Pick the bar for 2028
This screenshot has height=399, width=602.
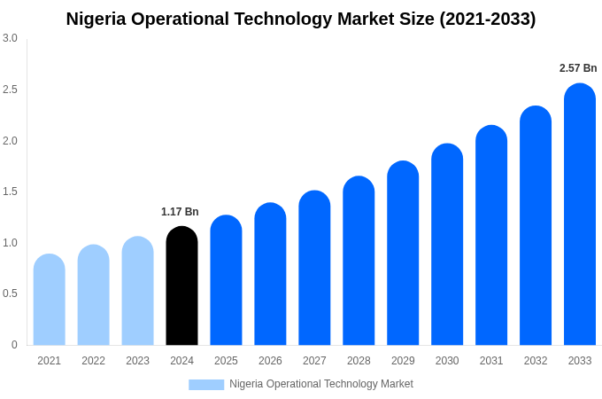(359, 261)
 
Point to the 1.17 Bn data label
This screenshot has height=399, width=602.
(180, 212)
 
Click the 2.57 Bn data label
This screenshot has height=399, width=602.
(578, 68)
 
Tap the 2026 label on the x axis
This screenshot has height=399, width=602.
(270, 361)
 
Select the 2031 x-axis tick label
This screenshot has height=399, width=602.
(491, 361)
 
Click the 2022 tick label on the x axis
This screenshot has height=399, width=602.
(93, 361)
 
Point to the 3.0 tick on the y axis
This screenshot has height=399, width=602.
(10, 38)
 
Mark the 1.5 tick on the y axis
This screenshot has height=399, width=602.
(10, 192)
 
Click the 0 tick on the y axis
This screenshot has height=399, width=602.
(14, 345)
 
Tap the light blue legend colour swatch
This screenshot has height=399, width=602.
(206, 384)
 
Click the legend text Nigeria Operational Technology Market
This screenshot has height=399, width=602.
(321, 384)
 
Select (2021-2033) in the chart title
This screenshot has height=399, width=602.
(488, 19)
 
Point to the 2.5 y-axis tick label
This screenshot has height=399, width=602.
(10, 90)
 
